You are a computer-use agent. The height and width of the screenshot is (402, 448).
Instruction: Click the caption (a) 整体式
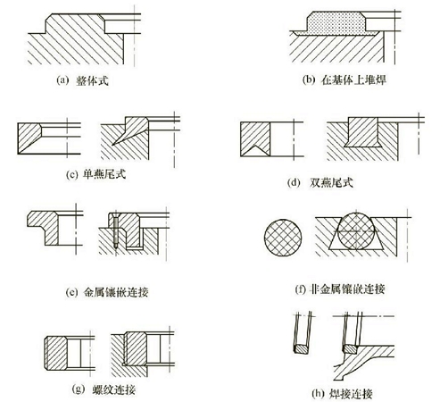[87, 81]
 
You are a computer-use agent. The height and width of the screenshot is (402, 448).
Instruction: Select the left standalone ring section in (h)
[298, 339]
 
